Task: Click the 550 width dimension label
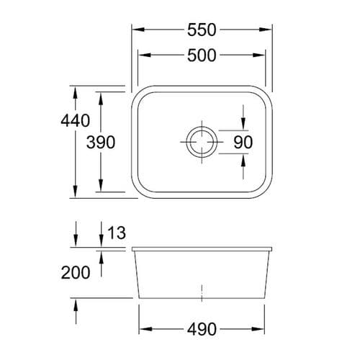[x=202, y=30]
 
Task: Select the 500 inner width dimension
[x=202, y=56]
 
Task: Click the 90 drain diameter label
[x=243, y=142]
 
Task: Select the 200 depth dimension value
[x=76, y=273]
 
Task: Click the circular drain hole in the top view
[x=201, y=141]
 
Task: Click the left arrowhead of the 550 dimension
[x=136, y=30]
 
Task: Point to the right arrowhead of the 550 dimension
[x=268, y=30]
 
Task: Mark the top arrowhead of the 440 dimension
[x=75, y=91]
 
